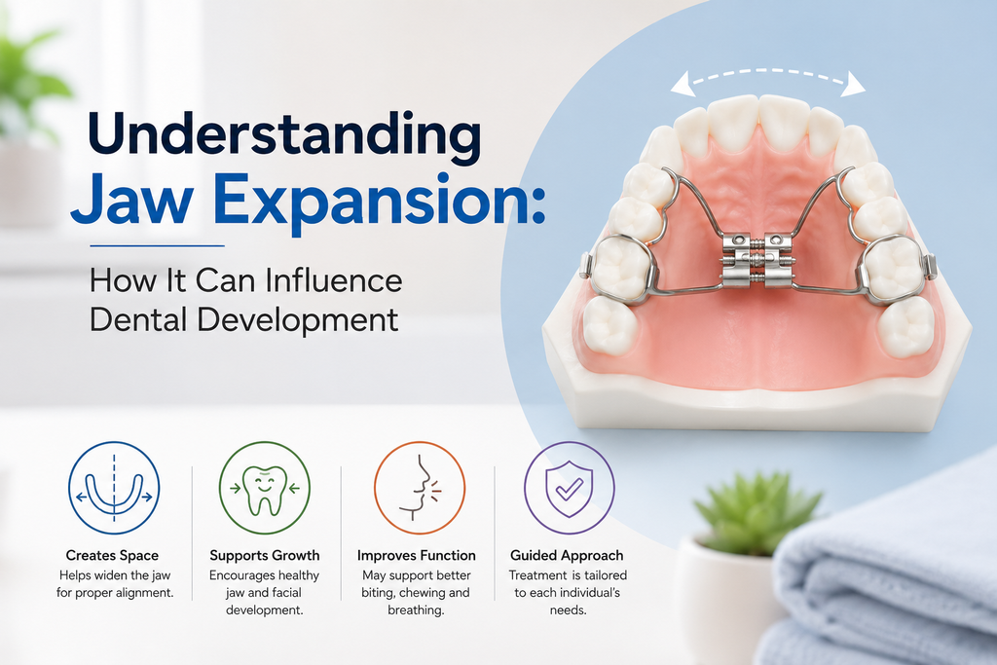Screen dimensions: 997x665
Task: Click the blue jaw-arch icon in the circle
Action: tap(114, 488)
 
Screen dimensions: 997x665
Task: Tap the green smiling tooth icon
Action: tap(265, 488)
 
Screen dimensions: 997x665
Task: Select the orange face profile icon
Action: tap(419, 488)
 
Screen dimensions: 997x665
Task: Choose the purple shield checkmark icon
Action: tap(569, 488)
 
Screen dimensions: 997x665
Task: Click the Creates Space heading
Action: tap(112, 555)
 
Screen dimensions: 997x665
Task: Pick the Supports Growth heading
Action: tap(265, 555)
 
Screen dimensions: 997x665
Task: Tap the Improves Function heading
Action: tap(417, 555)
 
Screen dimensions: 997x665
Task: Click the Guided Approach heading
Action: tap(567, 555)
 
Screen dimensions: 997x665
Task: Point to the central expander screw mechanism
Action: tap(756, 260)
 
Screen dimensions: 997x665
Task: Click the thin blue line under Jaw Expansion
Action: tap(157, 245)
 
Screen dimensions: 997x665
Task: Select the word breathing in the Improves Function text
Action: tap(416, 610)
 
